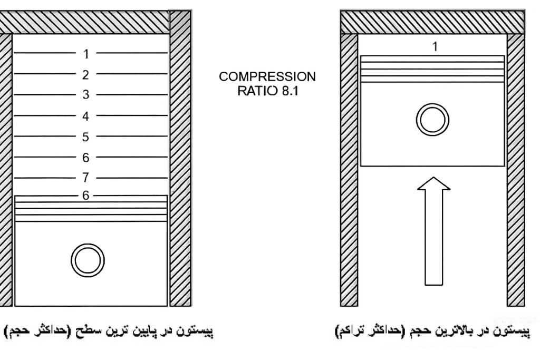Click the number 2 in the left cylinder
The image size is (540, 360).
click(x=86, y=75)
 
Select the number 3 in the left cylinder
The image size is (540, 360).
click(x=86, y=95)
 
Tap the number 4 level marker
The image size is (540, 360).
click(x=86, y=116)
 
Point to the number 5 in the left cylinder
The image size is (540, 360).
click(x=86, y=138)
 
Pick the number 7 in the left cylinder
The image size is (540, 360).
click(x=86, y=178)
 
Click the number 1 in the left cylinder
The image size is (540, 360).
click(x=86, y=54)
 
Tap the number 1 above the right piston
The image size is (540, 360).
click(x=435, y=46)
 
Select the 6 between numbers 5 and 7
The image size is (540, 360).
click(x=86, y=158)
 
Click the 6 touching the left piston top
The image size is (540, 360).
click(x=86, y=196)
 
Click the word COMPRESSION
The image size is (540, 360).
click(x=267, y=76)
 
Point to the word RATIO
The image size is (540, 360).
click(x=257, y=91)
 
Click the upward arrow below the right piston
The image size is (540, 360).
click(x=433, y=231)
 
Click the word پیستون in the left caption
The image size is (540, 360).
click(x=196, y=331)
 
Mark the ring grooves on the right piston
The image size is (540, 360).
click(x=432, y=69)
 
